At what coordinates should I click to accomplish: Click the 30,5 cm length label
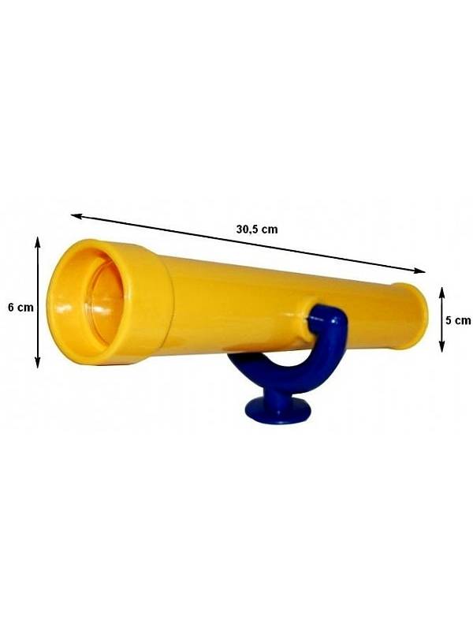[257, 230]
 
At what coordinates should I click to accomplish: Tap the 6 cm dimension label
[21, 308]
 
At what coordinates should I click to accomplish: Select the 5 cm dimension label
[458, 320]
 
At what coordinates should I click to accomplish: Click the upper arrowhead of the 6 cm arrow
[37, 241]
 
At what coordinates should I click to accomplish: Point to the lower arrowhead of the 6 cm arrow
[37, 364]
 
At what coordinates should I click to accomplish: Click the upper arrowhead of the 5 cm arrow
[442, 291]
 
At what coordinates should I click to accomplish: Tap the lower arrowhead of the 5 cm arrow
[442, 348]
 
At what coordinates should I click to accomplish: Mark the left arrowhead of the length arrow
[76, 216]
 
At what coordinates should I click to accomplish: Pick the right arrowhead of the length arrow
[420, 271]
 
